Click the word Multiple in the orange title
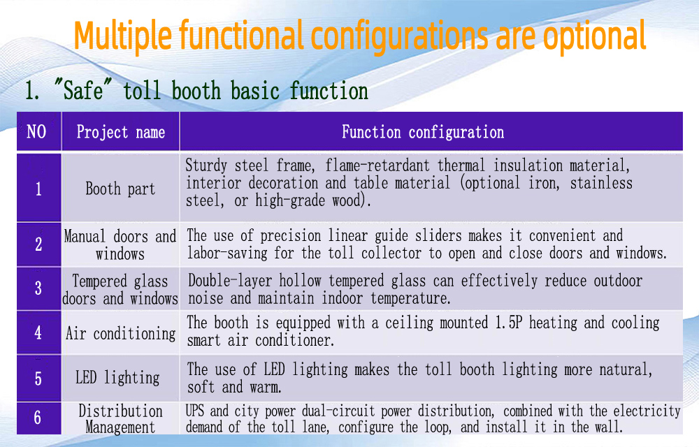pos(123,36)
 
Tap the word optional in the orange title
pos(594,36)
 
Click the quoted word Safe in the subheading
pos(83,90)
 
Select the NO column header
pos(36,132)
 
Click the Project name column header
pos(121,132)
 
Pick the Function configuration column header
pos(423,132)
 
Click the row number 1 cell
pos(38,188)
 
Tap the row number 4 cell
pos(38,332)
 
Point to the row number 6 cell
pos(38,418)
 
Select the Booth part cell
pos(120,189)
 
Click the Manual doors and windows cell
pos(120,245)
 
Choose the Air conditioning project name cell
pos(121,333)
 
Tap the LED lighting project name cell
pos(117,378)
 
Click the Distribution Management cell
pos(120,418)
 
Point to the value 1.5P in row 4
pos(508,323)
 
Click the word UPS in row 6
pos(195,411)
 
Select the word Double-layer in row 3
pos(230,281)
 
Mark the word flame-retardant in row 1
pos(377,166)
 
